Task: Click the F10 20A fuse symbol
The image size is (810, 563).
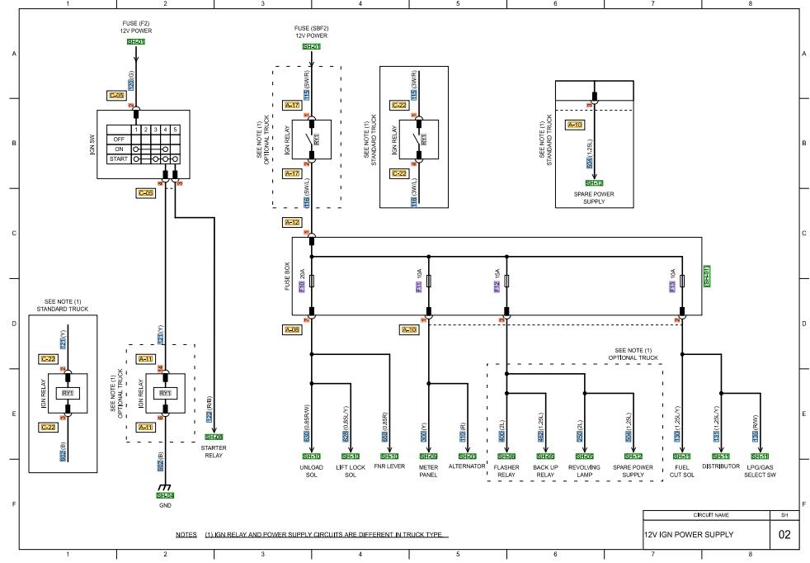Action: (312, 281)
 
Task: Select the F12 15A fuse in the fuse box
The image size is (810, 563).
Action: (506, 281)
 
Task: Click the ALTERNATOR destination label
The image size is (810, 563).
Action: (468, 466)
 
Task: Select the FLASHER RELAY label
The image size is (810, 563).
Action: (506, 470)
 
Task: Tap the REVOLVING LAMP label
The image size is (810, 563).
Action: (584, 470)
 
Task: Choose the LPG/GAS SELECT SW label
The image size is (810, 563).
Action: (759, 470)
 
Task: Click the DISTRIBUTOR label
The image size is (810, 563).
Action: (720, 466)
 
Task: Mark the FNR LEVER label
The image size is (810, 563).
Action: (389, 466)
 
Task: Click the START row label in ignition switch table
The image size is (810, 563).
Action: (118, 158)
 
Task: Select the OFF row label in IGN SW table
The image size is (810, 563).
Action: (118, 139)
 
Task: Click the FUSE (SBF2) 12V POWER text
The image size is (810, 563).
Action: (311, 31)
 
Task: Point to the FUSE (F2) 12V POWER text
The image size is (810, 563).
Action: (136, 27)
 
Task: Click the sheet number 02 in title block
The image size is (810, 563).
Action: (783, 534)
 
